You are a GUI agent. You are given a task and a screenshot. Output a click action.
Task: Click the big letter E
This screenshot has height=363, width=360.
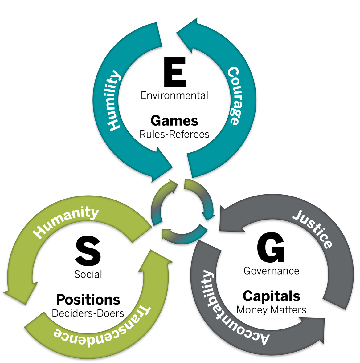[175, 72]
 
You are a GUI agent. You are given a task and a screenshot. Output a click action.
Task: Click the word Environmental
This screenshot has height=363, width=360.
[174, 95]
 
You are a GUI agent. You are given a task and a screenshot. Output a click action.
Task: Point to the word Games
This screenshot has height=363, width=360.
[174, 121]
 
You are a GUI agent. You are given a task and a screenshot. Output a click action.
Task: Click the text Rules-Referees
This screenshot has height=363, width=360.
[174, 134]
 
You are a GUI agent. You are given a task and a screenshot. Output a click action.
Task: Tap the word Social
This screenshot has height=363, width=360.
[88, 274]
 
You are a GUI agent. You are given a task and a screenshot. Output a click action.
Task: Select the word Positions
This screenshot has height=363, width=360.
[88, 299]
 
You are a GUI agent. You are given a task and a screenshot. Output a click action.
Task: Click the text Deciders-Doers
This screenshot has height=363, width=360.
[88, 313]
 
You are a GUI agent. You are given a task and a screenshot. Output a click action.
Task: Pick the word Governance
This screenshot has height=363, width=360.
[271, 271]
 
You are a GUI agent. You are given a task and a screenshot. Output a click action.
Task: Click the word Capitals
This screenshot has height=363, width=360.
[271, 296]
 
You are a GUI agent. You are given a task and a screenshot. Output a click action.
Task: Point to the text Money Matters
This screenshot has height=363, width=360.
[271, 309]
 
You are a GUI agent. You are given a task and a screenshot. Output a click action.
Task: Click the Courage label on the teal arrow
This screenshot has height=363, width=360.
[234, 95]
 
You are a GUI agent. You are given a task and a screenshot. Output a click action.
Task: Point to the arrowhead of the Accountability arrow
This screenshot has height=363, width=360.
[316, 329]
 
